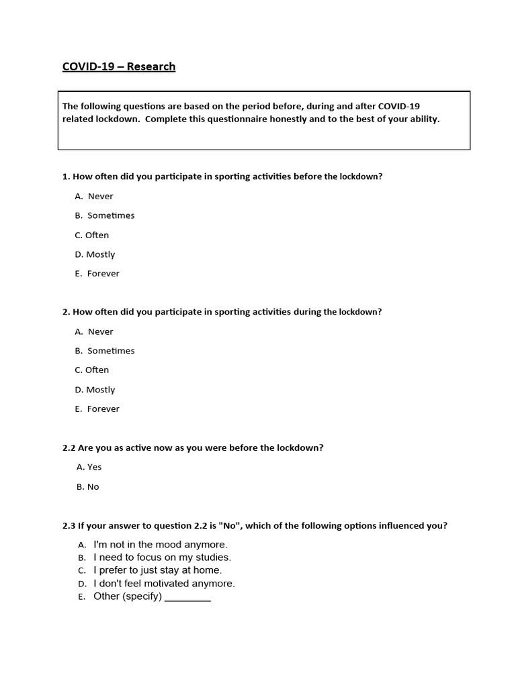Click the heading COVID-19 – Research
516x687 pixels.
tap(119, 66)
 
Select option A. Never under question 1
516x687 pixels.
tap(94, 197)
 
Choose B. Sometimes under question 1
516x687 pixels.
tap(105, 215)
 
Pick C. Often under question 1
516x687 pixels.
tap(92, 235)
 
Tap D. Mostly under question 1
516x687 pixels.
tap(95, 254)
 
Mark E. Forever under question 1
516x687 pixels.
tap(97, 274)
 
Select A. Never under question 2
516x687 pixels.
tap(94, 332)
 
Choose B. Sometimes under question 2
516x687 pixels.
tap(105, 351)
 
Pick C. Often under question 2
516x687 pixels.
tap(92, 370)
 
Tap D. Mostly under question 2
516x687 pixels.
tap(95, 390)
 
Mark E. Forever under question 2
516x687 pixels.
tap(97, 409)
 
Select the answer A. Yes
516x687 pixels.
tap(89, 467)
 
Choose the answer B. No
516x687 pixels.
tap(88, 487)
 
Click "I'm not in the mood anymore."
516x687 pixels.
tap(161, 545)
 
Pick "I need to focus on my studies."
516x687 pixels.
tap(162, 558)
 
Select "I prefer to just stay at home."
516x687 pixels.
tap(157, 570)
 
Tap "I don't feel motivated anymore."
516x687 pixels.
tap(164, 584)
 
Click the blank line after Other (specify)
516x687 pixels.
tap(187, 597)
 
